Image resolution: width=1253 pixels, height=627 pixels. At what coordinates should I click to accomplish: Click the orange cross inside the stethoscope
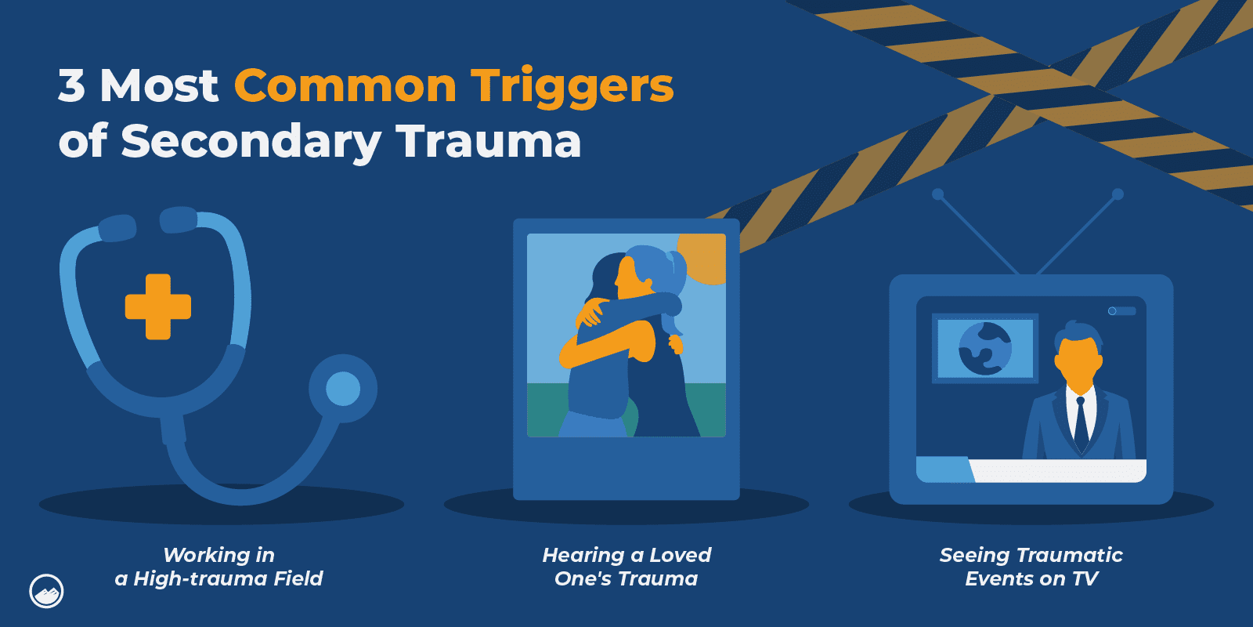coord(158,306)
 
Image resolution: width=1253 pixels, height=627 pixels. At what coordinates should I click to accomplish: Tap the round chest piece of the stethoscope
coord(342,389)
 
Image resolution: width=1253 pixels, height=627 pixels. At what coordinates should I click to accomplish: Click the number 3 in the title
coord(71,85)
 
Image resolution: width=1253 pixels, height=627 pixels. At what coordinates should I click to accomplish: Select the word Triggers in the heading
coord(572,87)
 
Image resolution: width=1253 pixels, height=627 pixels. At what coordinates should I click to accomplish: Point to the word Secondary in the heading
coord(251,142)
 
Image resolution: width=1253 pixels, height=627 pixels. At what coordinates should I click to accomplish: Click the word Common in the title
coord(345,85)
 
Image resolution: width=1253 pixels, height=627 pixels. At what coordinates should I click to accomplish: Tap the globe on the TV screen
coord(985,349)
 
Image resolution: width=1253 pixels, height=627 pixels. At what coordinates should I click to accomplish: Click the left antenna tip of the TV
coord(937,194)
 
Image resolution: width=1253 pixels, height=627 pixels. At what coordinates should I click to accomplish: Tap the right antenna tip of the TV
coord(1118,194)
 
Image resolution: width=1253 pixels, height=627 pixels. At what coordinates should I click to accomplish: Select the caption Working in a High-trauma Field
coord(218,567)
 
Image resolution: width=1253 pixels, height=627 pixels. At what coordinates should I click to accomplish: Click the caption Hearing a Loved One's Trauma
coord(626,567)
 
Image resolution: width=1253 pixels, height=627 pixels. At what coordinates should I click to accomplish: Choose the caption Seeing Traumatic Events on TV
coord(1031,567)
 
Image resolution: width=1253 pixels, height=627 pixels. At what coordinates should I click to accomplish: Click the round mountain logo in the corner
coord(46,591)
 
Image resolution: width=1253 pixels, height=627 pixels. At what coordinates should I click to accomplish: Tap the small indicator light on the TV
coord(1113,311)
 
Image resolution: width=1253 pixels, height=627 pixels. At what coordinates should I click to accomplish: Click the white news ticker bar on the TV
coord(1057,470)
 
